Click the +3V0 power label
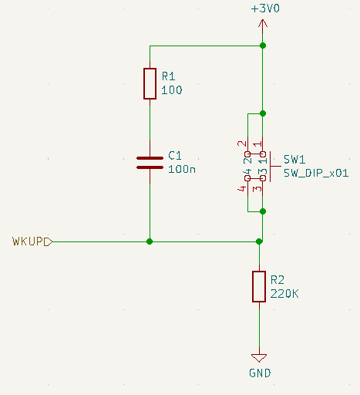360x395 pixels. [x=265, y=8]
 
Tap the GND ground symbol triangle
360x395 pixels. [x=259, y=358]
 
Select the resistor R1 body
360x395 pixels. [x=150, y=83]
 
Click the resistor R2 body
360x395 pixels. [x=259, y=286]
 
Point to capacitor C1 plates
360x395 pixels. [x=150, y=163]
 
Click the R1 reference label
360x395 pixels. [x=169, y=76]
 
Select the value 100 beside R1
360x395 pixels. [x=172, y=90]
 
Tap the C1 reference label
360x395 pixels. [x=175, y=156]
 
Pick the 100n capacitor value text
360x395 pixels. [x=182, y=169]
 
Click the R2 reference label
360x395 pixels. [x=278, y=280]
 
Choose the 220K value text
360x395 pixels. [x=284, y=294]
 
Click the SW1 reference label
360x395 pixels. [x=294, y=160]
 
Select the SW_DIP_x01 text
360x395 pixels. [x=316, y=173]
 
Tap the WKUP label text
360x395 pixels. [x=28, y=241]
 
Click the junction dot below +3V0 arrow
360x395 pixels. [x=263, y=46]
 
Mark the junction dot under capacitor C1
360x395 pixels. [x=150, y=241]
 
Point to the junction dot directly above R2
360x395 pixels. [x=259, y=241]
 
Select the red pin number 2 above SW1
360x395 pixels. [x=242, y=143]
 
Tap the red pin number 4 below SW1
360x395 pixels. [x=242, y=189]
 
